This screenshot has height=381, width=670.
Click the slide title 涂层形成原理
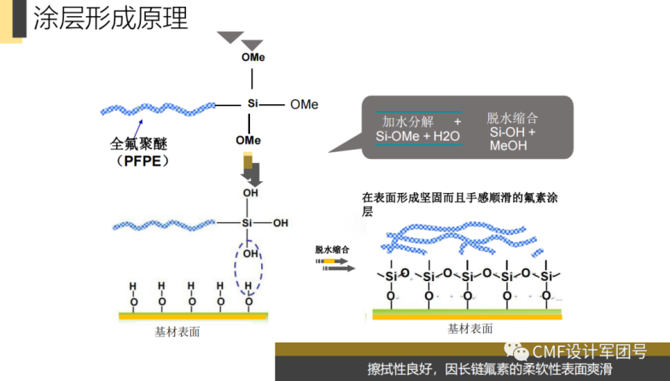click(x=110, y=18)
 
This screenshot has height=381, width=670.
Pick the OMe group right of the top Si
click(x=304, y=104)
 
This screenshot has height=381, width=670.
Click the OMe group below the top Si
click(x=248, y=139)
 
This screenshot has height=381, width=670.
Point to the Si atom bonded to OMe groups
click(x=252, y=104)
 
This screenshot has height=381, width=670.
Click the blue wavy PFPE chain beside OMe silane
click(x=158, y=108)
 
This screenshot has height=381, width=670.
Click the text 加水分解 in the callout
click(x=407, y=122)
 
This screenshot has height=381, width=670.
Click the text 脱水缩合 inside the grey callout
click(x=513, y=118)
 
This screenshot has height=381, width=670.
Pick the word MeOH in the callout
click(x=509, y=146)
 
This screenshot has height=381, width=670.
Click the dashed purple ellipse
click(x=250, y=270)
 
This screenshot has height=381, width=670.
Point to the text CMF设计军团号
click(x=589, y=350)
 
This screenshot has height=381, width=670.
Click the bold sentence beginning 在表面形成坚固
click(x=459, y=197)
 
